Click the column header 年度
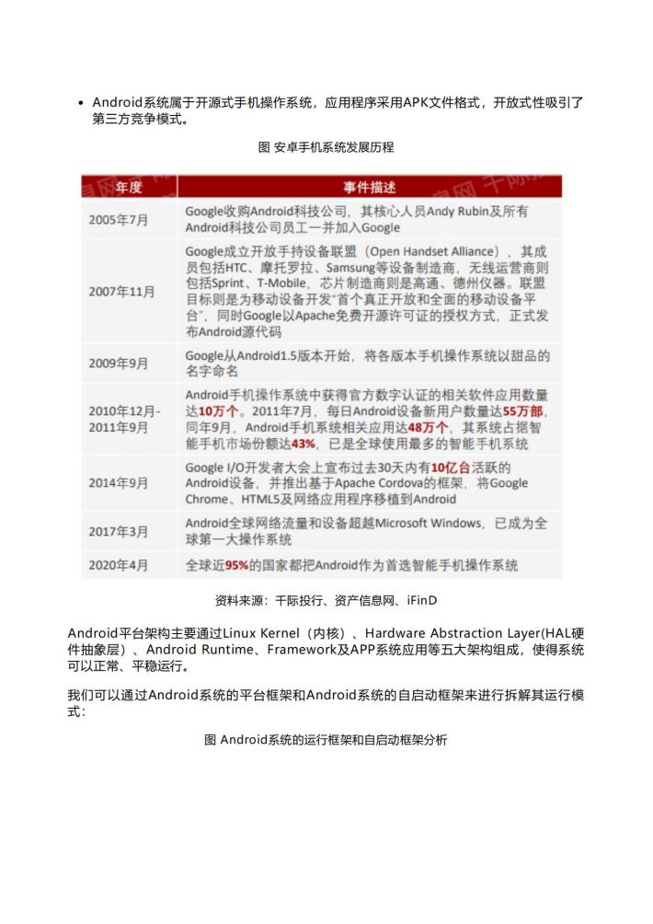[x=129, y=188]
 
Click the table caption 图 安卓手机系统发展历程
[x=326, y=146]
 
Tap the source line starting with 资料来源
[x=326, y=600]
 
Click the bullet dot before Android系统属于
[x=82, y=103]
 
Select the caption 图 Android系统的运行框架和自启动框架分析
[x=326, y=740]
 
